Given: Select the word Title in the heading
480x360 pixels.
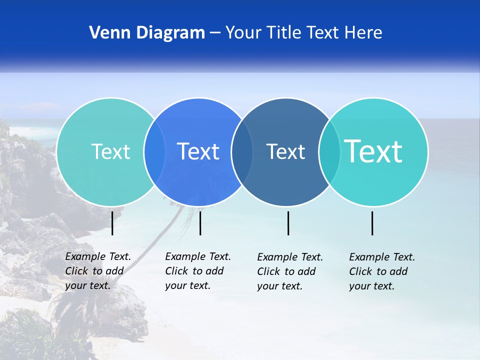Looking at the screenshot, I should [x=283, y=33].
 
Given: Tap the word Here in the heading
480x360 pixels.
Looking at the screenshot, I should [x=363, y=33].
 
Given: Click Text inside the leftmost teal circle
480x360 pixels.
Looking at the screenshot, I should [x=110, y=151].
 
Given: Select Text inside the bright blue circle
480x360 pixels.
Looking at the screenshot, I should [x=198, y=151].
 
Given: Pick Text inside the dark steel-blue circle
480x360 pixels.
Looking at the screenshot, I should [x=285, y=151].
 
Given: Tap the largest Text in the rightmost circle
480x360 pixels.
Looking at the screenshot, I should [x=373, y=151].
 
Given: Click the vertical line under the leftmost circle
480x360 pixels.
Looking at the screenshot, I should [x=112, y=223].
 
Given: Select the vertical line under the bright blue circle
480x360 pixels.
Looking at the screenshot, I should [x=200, y=223].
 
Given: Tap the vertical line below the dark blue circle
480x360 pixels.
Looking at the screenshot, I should [x=288, y=223].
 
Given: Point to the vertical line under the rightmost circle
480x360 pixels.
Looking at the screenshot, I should [x=372, y=223].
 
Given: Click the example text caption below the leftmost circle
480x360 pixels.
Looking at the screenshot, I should [x=97, y=271].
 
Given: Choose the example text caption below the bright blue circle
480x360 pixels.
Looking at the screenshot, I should [x=197, y=271].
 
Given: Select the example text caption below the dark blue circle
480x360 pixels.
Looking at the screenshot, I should [x=289, y=271].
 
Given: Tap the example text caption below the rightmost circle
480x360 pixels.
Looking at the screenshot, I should [x=381, y=271].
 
